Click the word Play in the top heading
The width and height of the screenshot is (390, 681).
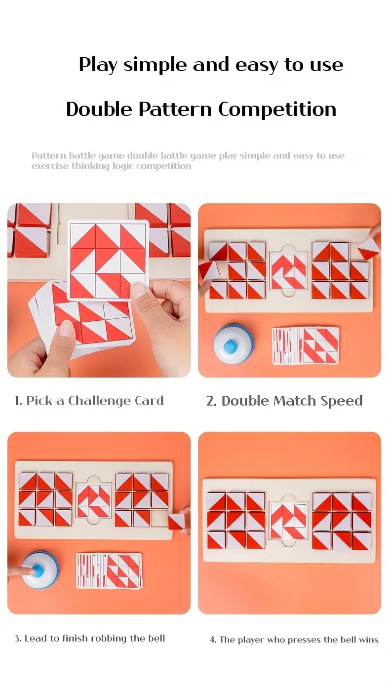pos(98,65)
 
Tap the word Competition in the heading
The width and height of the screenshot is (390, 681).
pos(277,109)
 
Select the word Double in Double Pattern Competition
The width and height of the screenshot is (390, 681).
pos(100,109)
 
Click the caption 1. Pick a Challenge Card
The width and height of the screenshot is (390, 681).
pos(89,401)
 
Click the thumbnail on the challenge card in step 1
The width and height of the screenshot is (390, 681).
pos(108,261)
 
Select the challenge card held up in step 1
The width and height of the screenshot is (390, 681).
pos(108,261)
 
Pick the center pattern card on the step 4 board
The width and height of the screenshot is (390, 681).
pos(288,522)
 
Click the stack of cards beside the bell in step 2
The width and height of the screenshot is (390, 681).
pos(305,345)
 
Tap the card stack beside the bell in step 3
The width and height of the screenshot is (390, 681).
pos(109,570)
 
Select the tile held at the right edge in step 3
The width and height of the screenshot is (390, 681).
pos(176,521)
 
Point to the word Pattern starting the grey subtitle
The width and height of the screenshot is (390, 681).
pos(48,155)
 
